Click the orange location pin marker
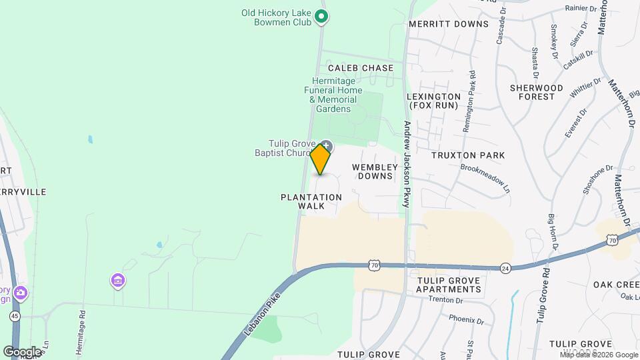321,159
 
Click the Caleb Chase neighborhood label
361,68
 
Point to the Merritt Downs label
449,24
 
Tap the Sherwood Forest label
537,92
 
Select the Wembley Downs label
375,171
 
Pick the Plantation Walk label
311,201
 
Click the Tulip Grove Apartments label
449,285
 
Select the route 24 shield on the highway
505,268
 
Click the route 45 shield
14,314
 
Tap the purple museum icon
118,281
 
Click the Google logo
22,351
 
